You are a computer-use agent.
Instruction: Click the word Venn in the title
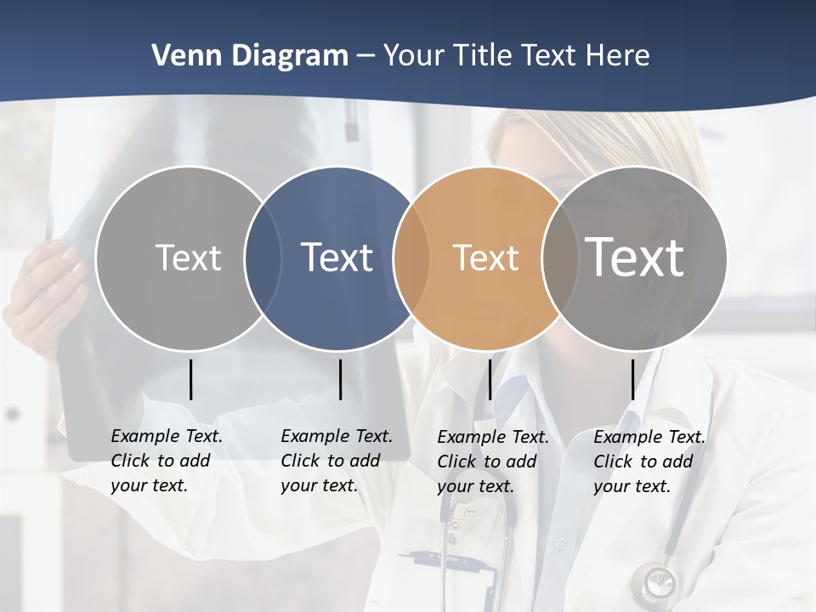click(x=178, y=55)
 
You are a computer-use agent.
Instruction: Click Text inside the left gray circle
click(x=188, y=257)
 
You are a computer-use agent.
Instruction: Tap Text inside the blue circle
click(x=337, y=257)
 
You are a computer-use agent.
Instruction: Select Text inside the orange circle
click(x=485, y=258)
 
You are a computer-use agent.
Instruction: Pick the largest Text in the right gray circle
click(x=635, y=257)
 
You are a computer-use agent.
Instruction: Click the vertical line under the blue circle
click(x=340, y=379)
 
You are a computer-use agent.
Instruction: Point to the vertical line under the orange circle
click(x=490, y=379)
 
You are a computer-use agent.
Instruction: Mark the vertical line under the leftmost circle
click(x=190, y=379)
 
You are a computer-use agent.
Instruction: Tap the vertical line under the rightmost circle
click(x=632, y=379)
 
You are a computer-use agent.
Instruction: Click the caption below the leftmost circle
click(x=166, y=461)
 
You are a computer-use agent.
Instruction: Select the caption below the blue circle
click(x=336, y=461)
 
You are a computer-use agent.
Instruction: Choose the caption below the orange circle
click(x=492, y=462)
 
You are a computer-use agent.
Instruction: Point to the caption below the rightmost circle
click(x=649, y=462)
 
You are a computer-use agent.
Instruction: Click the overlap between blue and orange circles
click(x=411, y=258)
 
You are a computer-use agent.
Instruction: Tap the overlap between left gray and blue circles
click(x=263, y=258)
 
